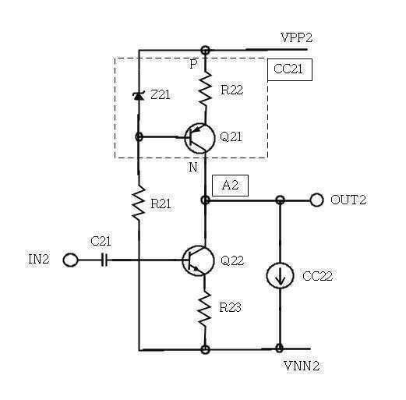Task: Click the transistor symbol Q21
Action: coord(199,138)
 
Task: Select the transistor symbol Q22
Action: coord(199,260)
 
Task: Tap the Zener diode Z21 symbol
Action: coord(139,96)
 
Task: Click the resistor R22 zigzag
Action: coord(206,89)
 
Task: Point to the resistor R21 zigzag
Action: coord(139,204)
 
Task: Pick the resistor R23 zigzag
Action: coord(205,308)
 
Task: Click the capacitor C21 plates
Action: coord(104,260)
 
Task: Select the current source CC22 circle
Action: coord(280,275)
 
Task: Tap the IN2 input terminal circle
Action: coord(70,260)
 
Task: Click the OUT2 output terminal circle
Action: coord(316,200)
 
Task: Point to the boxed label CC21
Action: coord(290,69)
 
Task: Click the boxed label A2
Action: coord(230,186)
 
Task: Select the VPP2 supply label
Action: coord(297,38)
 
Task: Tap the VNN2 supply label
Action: coord(302,366)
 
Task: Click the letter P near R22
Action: coord(193,64)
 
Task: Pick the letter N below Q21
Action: coord(193,168)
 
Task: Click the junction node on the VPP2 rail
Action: coord(206,49)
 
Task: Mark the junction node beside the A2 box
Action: coord(206,200)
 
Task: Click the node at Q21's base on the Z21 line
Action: coord(139,136)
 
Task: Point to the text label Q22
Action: coord(232,260)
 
